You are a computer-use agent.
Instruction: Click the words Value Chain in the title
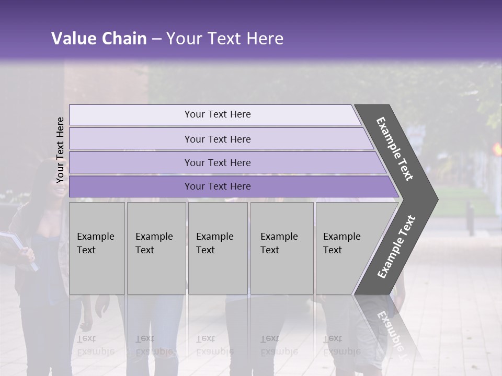tap(99, 39)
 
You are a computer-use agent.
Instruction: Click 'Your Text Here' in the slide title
tap(225, 39)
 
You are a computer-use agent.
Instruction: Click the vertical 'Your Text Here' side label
tap(60, 150)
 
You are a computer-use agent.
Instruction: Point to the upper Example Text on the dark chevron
tap(395, 149)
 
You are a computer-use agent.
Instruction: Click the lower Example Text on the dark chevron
tap(397, 247)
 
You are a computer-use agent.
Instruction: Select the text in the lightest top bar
tap(218, 114)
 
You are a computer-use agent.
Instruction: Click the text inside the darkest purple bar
tap(218, 186)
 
